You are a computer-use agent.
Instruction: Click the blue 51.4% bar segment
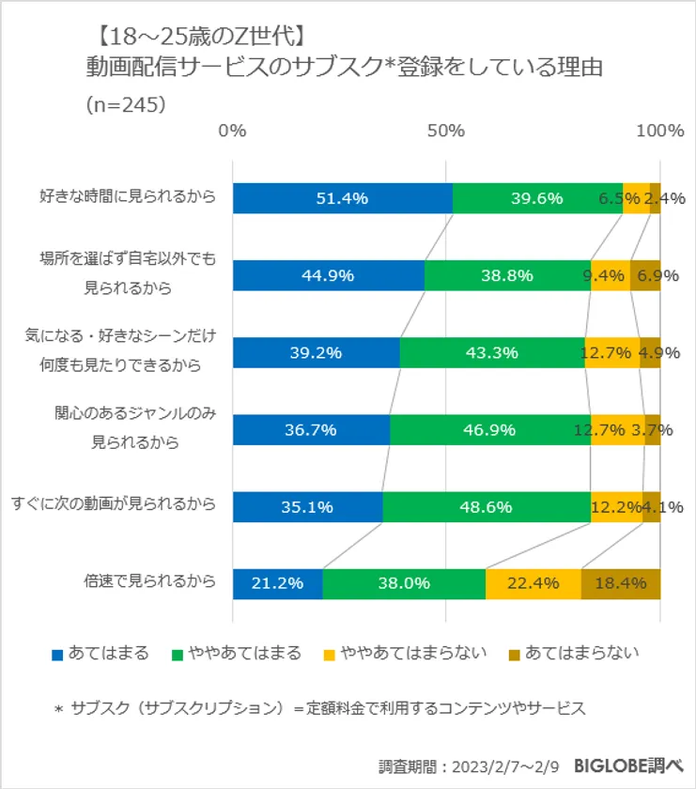(342, 198)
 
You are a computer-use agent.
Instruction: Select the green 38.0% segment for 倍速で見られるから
(404, 583)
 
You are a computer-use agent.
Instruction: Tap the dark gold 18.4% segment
(621, 583)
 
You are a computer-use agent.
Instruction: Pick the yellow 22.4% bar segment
(534, 583)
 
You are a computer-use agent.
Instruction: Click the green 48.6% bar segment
(487, 506)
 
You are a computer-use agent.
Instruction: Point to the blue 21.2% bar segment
(277, 583)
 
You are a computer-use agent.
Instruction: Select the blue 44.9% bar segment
(328, 275)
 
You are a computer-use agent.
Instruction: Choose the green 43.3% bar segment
(491, 352)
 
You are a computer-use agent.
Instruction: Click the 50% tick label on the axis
(446, 131)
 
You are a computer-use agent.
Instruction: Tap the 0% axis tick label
(232, 131)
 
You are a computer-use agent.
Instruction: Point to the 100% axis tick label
(660, 131)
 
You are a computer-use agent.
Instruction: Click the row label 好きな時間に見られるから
(128, 197)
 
